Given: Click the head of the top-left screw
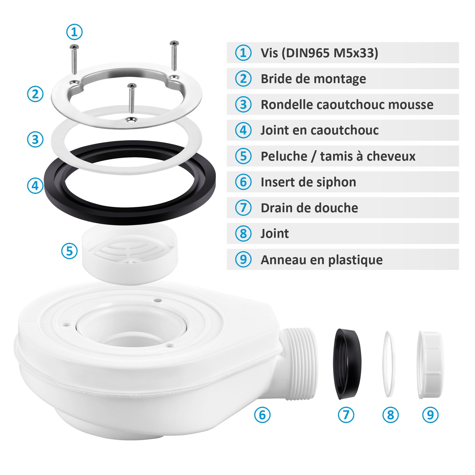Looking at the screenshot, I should click(74, 47).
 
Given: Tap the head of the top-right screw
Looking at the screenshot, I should click(174, 43).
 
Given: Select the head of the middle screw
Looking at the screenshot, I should click(132, 86).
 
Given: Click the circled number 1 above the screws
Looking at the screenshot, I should click(74, 32).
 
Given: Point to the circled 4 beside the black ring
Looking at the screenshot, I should click(35, 186).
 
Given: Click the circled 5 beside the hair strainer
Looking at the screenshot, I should click(69, 251).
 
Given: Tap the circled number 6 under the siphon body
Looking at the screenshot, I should click(262, 415).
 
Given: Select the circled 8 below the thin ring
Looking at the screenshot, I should click(390, 415).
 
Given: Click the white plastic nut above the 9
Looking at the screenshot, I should click(429, 365).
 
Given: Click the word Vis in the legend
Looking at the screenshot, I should click(269, 53).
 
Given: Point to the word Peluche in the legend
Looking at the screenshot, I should click(284, 156).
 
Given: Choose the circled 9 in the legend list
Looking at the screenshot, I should click(243, 259).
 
